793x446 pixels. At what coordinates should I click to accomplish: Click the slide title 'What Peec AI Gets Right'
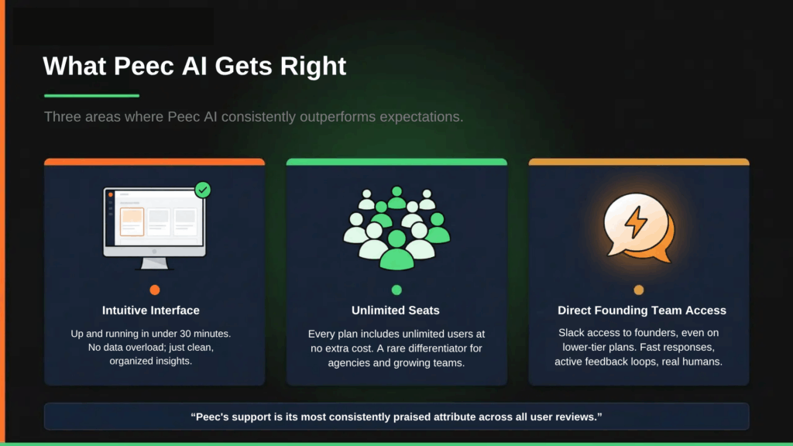pyautogui.click(x=194, y=66)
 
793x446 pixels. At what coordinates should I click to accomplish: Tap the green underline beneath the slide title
pyautogui.click(x=91, y=96)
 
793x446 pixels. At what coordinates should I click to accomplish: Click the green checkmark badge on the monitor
pyautogui.click(x=203, y=190)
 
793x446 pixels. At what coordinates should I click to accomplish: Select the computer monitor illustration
pyautogui.click(x=155, y=228)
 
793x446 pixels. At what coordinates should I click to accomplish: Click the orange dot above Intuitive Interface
pyautogui.click(x=155, y=290)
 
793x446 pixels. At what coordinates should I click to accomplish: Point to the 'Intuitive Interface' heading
pyautogui.click(x=151, y=310)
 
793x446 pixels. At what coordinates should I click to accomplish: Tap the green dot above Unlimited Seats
pyautogui.click(x=396, y=290)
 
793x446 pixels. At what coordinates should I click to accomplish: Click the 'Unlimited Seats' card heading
pyautogui.click(x=396, y=310)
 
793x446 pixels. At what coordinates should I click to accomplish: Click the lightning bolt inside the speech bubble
pyautogui.click(x=636, y=223)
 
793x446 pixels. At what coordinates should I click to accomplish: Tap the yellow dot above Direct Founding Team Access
pyautogui.click(x=639, y=290)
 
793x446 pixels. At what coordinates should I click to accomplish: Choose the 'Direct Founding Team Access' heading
pyautogui.click(x=642, y=310)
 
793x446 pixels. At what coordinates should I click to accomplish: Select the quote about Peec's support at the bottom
pyautogui.click(x=396, y=417)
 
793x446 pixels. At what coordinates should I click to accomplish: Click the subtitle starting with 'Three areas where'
pyautogui.click(x=253, y=117)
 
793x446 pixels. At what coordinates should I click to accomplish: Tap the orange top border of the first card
pyautogui.click(x=155, y=162)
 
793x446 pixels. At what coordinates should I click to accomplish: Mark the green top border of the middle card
pyautogui.click(x=396, y=162)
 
